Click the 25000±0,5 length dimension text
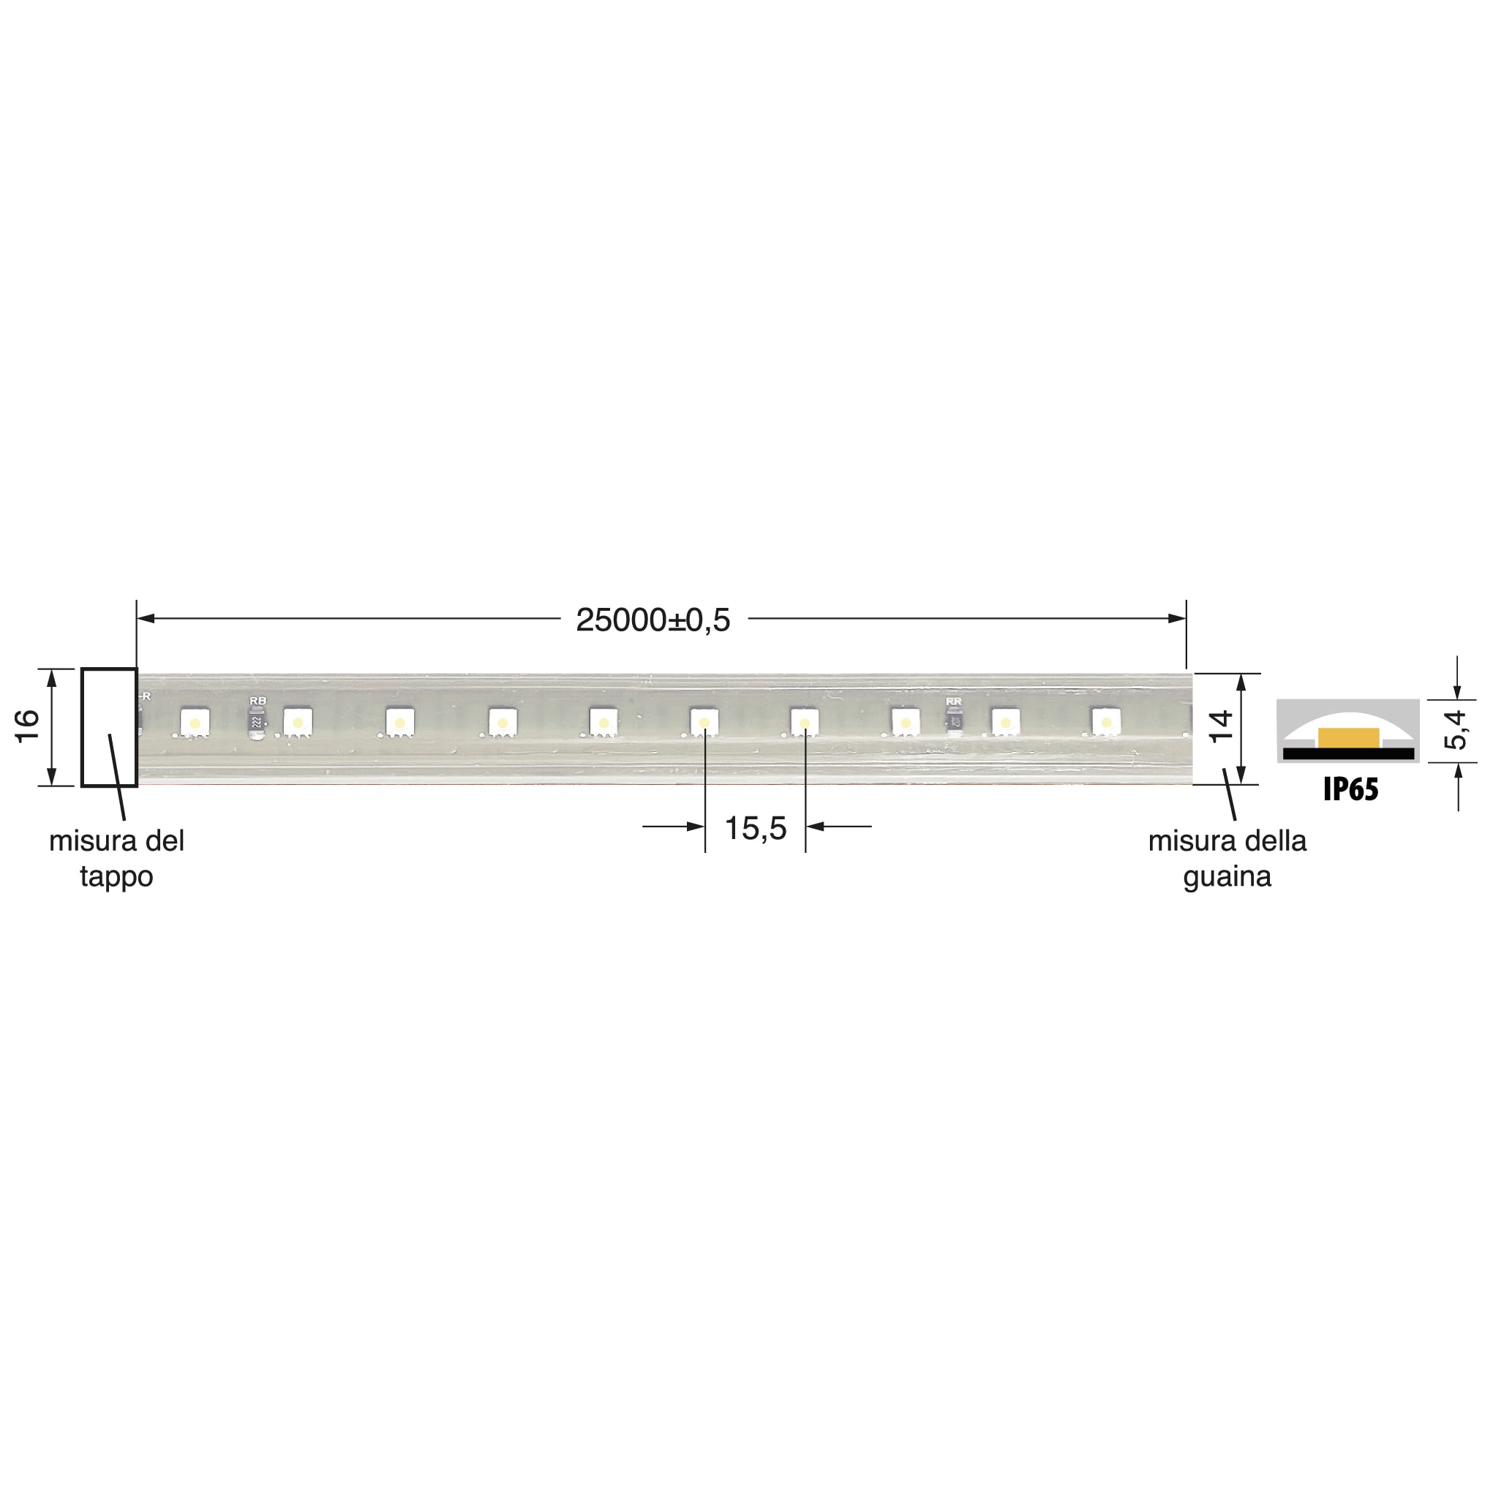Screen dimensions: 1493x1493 coord(653,620)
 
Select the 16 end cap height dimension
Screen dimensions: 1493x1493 coord(28,726)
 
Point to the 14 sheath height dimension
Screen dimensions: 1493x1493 coord(1221,726)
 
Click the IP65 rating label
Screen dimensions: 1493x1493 coord(1351,789)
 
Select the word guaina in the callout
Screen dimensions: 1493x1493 coord(1227,876)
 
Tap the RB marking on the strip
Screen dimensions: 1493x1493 coord(257,700)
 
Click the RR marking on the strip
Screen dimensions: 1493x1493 coord(954,701)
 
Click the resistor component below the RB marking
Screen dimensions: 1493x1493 coord(257,723)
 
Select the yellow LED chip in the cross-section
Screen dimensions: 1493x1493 coord(1348,737)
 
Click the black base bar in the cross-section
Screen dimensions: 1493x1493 coord(1348,753)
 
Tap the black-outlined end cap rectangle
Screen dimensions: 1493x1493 coord(109,727)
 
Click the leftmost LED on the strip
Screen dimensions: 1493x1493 coord(195,723)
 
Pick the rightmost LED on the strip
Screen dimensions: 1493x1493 coord(1106,722)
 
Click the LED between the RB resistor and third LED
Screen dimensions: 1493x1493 coord(298,723)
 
